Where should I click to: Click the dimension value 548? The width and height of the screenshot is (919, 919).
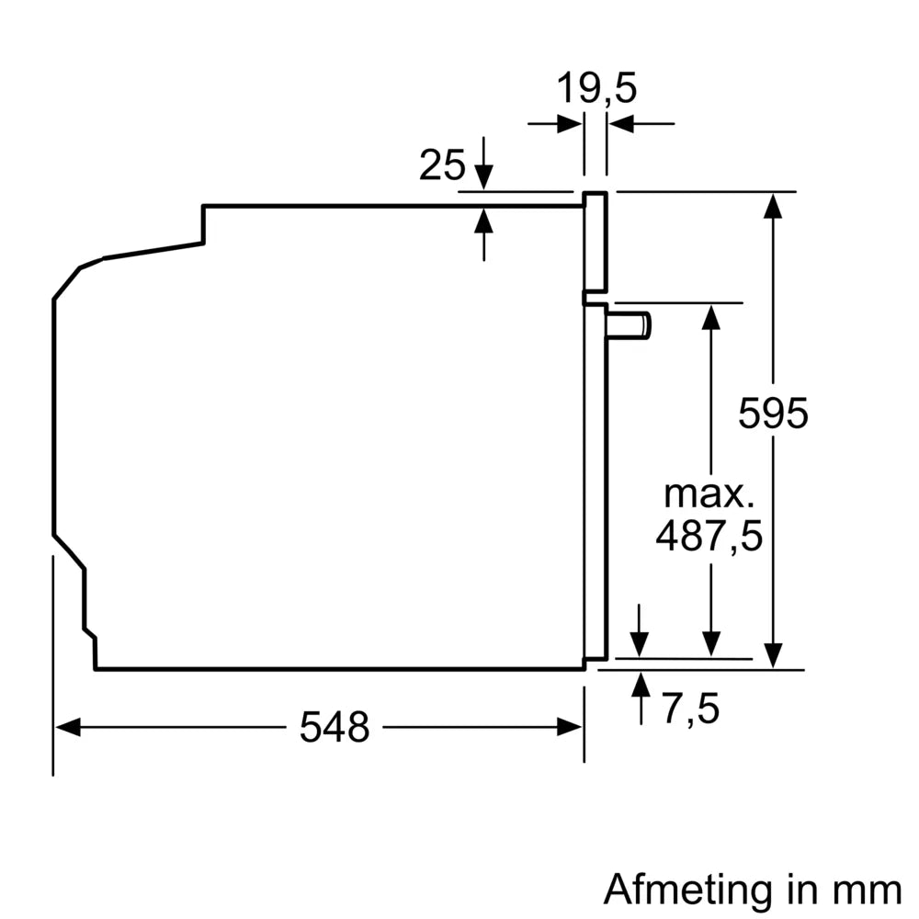334,728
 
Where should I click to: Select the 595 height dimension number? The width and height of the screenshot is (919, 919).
773,414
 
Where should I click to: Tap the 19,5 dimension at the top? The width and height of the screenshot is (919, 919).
596,90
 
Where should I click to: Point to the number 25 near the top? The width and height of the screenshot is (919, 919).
442,165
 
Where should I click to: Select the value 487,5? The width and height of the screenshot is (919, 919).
709,536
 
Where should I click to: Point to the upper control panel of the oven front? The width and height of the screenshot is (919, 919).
596,244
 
